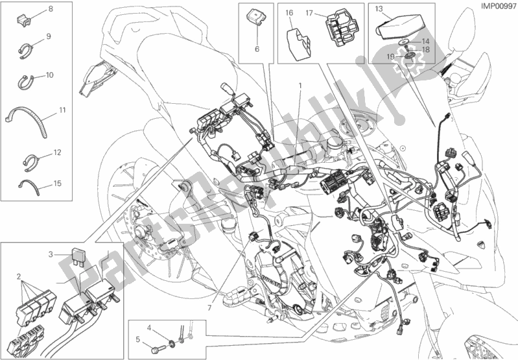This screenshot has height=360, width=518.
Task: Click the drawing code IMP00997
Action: tap(499, 6)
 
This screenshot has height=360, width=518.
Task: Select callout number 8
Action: tap(51, 9)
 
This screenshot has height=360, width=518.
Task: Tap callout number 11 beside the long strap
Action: tap(63, 110)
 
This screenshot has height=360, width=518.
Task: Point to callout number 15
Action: tap(58, 183)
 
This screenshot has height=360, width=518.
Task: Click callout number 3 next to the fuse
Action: tap(51, 254)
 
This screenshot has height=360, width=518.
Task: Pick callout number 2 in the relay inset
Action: tap(19, 276)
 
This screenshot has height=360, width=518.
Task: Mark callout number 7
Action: tap(209, 308)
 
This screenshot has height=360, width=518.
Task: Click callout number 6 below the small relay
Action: tap(257, 49)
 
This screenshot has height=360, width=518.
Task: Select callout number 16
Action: tap(289, 13)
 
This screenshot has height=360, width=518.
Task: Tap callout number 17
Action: tap(309, 13)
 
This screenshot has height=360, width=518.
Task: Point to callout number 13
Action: tap(379, 9)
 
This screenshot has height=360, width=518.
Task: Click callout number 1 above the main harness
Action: tap(300, 86)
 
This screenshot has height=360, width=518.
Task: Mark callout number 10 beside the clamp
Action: tap(49, 75)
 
